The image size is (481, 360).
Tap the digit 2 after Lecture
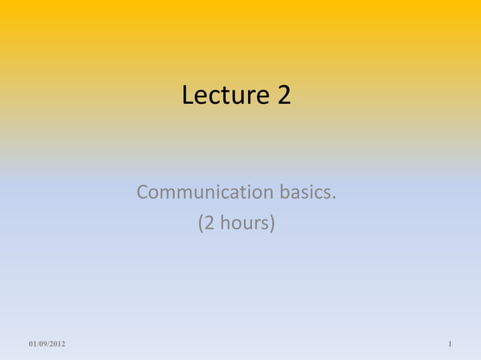point(283,96)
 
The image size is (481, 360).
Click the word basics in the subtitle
point(305,193)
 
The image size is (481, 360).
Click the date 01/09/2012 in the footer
point(47,344)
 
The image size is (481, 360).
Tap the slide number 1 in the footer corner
point(449,344)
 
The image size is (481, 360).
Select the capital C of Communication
point(143,193)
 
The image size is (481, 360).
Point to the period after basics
point(333,198)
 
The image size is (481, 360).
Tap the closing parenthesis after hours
point(272,224)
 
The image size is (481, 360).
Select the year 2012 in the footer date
point(57,344)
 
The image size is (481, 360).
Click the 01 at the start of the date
point(32,344)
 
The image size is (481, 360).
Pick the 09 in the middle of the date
point(43,344)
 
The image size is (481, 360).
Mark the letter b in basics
point(285,193)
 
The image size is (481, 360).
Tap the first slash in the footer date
point(38,344)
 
